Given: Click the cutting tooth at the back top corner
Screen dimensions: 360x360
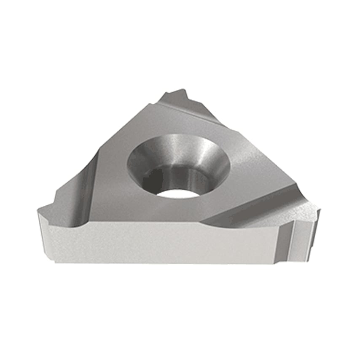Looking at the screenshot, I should (179, 92).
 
